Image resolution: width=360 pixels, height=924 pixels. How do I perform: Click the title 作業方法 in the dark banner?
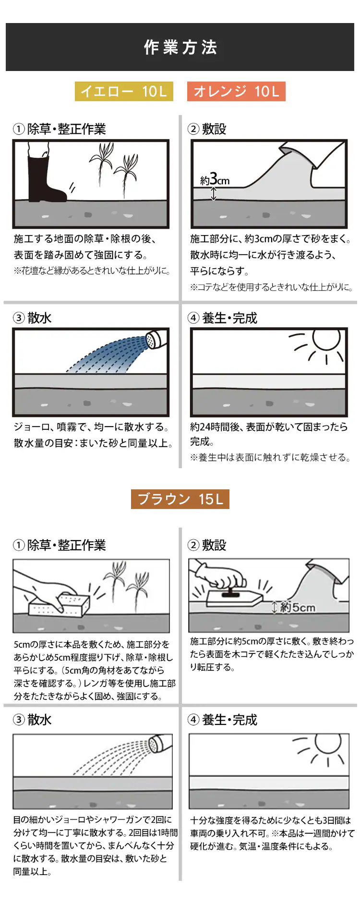[x=180, y=47]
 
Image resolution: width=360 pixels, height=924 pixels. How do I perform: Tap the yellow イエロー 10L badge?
[x=124, y=91]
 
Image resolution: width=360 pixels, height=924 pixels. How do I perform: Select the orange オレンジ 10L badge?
[x=236, y=91]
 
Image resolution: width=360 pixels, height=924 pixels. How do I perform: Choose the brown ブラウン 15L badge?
[x=180, y=499]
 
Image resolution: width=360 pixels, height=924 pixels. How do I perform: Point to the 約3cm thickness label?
[x=215, y=180]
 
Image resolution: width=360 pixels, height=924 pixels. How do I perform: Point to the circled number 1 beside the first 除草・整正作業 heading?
[x=19, y=129]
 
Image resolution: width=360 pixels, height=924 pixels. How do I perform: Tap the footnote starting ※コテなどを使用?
[x=272, y=287]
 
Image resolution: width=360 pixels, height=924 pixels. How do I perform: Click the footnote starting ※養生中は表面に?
[x=270, y=458]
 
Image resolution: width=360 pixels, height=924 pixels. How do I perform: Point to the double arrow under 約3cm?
[x=214, y=193]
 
